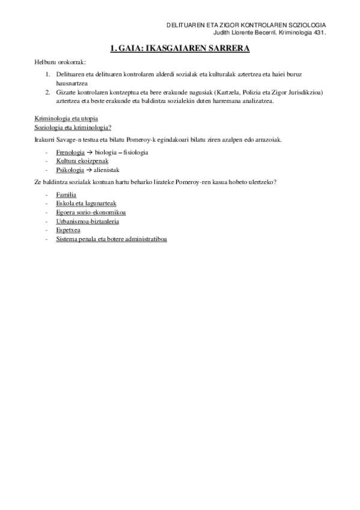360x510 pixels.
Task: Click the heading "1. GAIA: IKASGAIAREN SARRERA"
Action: [x=180, y=48]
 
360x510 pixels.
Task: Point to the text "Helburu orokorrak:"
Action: [x=60, y=63]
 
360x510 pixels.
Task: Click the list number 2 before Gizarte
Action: [x=47, y=92]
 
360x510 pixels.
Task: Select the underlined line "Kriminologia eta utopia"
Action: [x=66, y=118]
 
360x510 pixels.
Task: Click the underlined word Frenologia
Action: [x=70, y=152]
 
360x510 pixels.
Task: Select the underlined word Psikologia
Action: [x=70, y=170]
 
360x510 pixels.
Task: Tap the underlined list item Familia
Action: [x=66, y=195]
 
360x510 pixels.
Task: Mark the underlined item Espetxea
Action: [x=69, y=230]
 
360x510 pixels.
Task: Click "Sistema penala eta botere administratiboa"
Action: [x=111, y=239]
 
